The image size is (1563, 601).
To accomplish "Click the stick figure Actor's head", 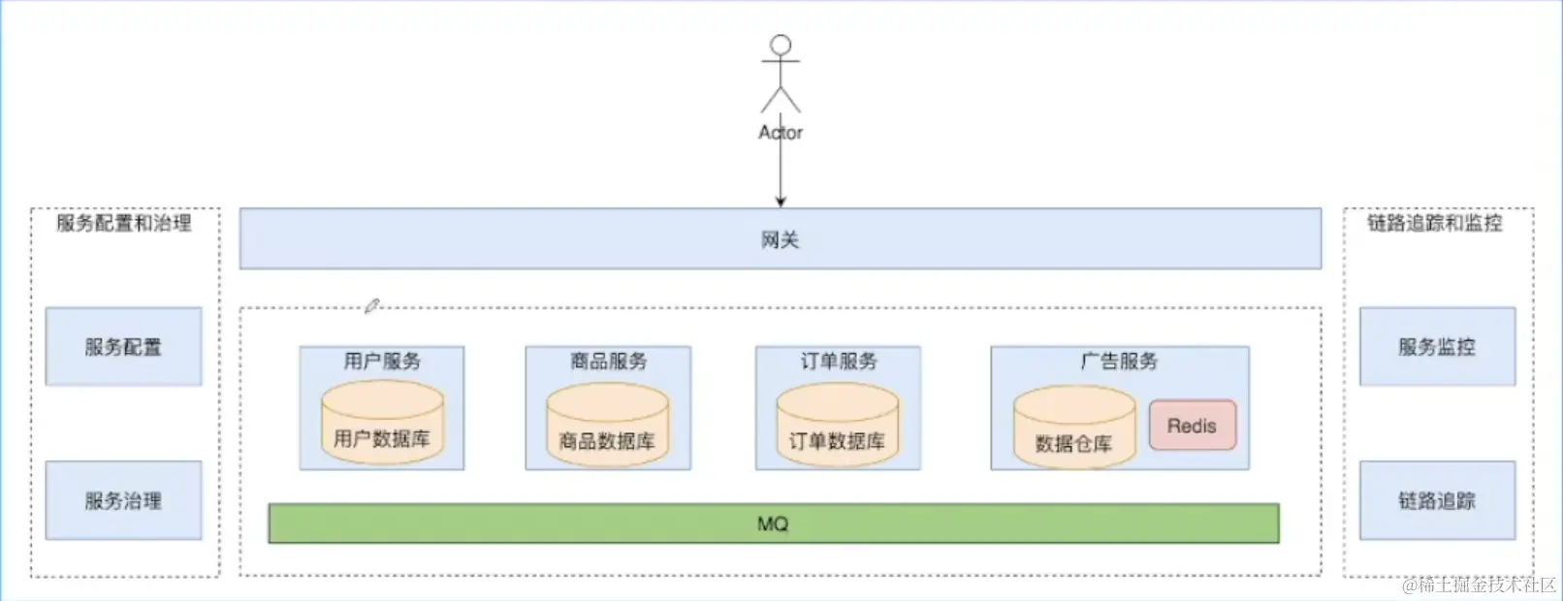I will point(781,46).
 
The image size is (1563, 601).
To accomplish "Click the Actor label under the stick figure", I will point(781,133).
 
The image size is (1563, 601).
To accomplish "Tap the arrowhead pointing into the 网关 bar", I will point(781,202).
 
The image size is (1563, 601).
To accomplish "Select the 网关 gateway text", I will point(781,239).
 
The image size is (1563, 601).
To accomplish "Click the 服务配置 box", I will point(123,347).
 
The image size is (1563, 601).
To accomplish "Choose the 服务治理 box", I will point(123,500).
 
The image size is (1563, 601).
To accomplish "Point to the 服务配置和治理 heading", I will point(124,223).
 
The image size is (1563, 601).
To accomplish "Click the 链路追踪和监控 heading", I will point(1435,223).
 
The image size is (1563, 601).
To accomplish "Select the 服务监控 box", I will point(1436,347).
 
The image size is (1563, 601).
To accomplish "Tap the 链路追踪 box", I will point(1436,500).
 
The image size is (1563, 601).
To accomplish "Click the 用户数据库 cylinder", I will point(382,423).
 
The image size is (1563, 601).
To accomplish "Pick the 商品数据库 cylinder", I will point(607,426).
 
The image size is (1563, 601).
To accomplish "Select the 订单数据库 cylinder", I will point(837,426).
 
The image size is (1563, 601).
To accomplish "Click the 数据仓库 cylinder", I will point(1073,427).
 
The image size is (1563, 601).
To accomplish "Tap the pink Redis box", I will point(1192,426).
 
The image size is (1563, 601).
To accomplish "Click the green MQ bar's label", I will point(773,523).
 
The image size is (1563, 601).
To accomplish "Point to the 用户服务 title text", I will point(382,362).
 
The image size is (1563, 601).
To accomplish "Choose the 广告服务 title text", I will point(1119,362).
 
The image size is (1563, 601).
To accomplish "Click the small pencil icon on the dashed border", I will point(371,306).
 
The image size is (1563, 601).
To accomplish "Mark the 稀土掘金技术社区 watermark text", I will point(1479,585).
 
